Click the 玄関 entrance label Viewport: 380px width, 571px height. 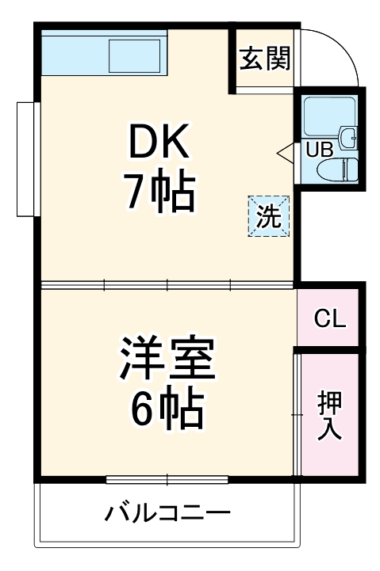(266, 59)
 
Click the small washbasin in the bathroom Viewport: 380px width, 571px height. (347, 137)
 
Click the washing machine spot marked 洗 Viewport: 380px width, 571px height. (270, 216)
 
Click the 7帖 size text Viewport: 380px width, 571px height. (156, 192)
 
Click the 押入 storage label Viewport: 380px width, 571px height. (330, 415)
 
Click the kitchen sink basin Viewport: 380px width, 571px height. (136, 55)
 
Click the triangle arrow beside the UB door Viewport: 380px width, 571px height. (286, 151)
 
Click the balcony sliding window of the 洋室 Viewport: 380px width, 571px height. (167, 479)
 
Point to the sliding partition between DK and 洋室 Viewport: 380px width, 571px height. (167, 284)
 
